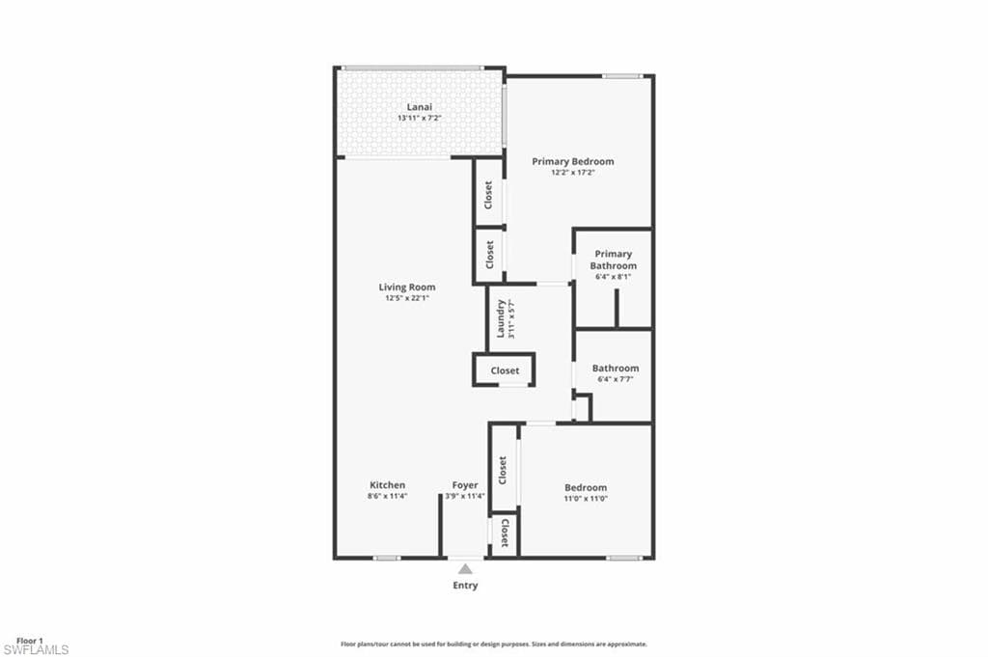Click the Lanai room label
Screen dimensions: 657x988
coord(418,106)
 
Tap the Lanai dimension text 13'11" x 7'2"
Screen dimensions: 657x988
coord(418,118)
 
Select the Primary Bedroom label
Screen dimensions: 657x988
coord(573,161)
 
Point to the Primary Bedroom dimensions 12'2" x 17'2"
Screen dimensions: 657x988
coord(573,173)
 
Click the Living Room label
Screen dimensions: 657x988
coord(406,287)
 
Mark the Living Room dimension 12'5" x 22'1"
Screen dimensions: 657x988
coord(406,298)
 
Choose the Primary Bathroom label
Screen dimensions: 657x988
coord(614,260)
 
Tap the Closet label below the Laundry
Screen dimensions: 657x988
coord(505,370)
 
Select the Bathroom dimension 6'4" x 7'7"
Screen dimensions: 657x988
coord(615,379)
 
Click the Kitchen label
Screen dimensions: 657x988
coord(387,484)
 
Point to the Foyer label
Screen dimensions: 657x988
coord(465,484)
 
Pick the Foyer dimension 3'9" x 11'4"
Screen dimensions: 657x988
coord(465,496)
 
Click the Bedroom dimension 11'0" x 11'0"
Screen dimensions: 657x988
coord(586,499)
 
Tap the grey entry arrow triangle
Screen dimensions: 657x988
coord(465,569)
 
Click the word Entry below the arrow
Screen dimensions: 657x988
coord(465,586)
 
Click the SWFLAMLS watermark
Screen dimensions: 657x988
coord(36,650)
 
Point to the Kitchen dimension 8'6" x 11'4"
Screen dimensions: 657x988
coord(387,496)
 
